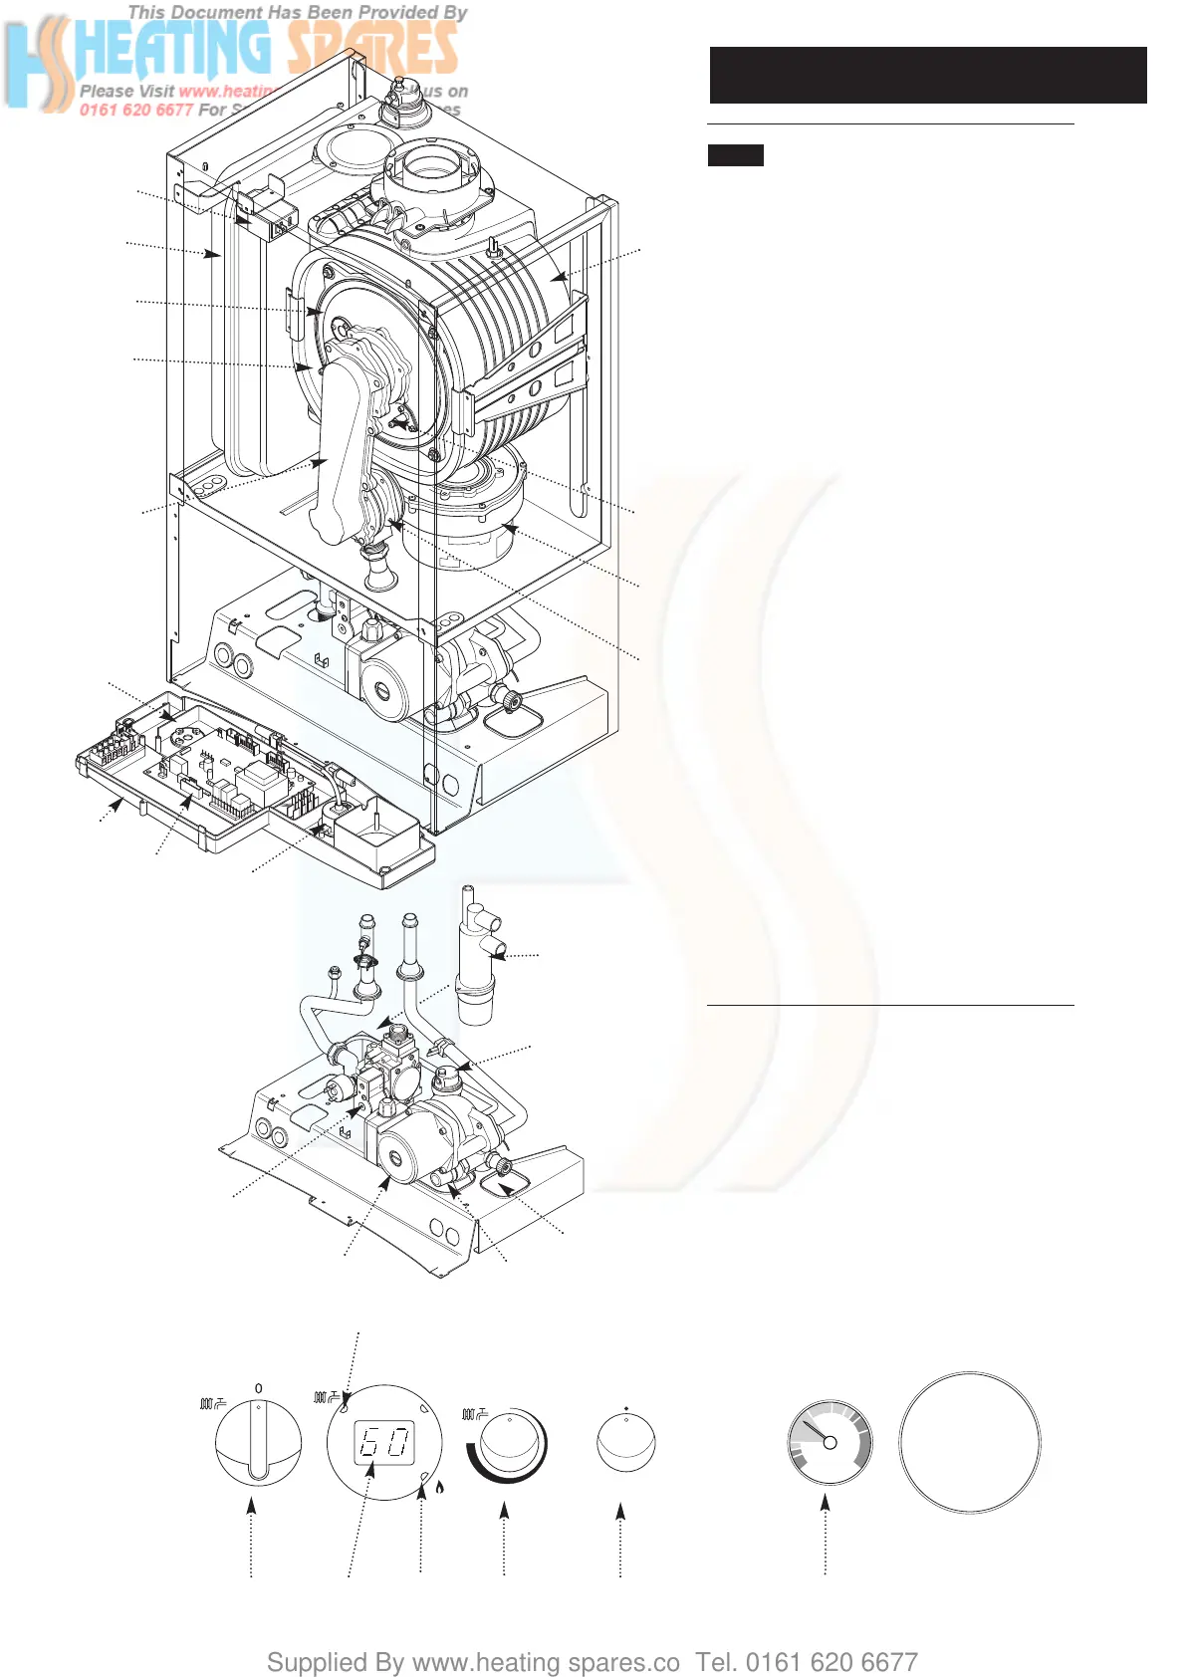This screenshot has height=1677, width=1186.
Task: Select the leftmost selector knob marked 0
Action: [x=258, y=1443]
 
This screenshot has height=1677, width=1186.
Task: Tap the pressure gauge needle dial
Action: [x=830, y=1442]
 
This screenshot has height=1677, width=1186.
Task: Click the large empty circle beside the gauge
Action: [x=969, y=1443]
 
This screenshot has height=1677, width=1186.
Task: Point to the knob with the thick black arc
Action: [x=508, y=1444]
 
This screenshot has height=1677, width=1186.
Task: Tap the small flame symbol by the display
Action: [x=439, y=1488]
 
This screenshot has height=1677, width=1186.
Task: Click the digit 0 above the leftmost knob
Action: [x=259, y=1388]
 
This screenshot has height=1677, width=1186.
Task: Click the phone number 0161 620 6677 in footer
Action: [x=831, y=1662]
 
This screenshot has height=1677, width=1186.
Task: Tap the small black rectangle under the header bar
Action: [x=735, y=155]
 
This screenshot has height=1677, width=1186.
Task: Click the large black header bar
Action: [x=927, y=75]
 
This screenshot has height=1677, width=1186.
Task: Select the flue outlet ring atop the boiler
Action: [x=432, y=167]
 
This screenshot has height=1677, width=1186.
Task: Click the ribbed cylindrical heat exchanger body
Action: [x=498, y=329]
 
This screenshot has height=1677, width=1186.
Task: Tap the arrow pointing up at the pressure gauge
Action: [x=826, y=1507]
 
